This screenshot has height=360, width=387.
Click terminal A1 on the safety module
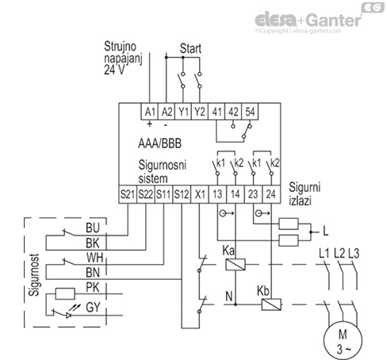[x=149, y=111]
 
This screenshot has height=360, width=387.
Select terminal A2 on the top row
[x=167, y=111]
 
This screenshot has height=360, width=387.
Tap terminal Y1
[x=184, y=111]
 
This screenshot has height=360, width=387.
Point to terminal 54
[x=250, y=111]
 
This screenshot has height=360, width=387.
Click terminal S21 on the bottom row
[x=127, y=193]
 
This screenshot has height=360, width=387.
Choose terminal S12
[x=182, y=193]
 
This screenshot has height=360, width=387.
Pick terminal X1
[x=200, y=193]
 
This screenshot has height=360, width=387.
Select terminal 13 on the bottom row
[x=218, y=193]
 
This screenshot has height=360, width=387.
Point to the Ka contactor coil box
[x=235, y=264]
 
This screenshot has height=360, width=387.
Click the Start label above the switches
[x=191, y=48]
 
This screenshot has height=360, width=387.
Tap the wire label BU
[x=91, y=228]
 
